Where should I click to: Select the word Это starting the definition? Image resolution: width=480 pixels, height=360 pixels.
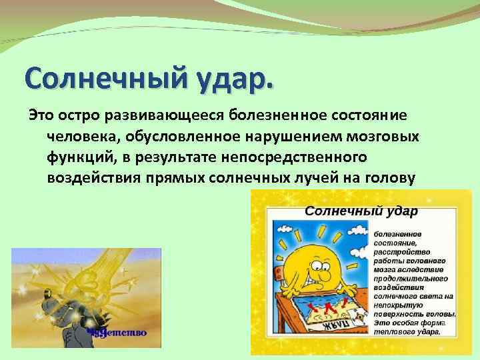pyautogui.click(x=41, y=116)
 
